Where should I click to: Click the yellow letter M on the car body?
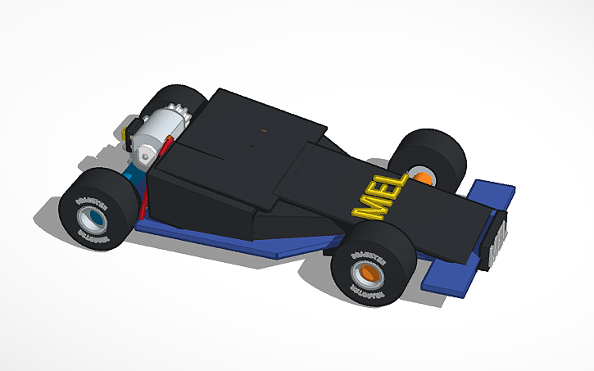click(x=365, y=208)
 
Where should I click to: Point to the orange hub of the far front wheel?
click(x=423, y=177)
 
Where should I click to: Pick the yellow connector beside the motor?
click(x=128, y=130)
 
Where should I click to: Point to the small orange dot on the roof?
click(x=263, y=129)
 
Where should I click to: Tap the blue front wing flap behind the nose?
click(x=492, y=193)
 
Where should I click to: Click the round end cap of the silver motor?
click(x=145, y=152)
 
